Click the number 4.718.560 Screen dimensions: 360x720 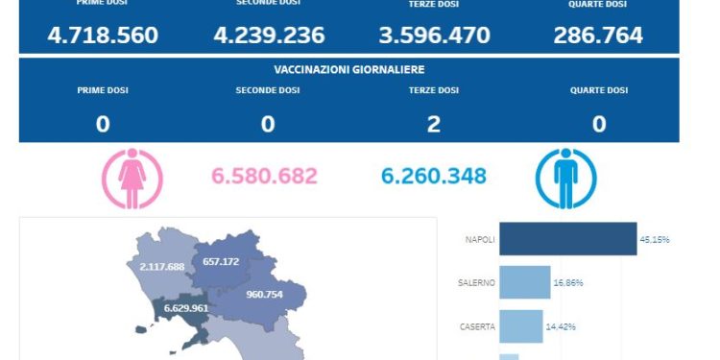pos(103,36)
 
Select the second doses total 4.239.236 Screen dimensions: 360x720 pos(269,36)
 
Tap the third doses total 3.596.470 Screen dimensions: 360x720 pos(434,36)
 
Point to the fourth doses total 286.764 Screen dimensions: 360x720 pos(598,36)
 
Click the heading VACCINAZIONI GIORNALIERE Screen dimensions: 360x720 pos(348,70)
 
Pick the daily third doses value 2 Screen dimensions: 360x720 pos(434,124)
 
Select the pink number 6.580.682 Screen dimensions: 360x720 pos(264,177)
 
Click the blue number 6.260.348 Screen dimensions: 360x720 pos(434,177)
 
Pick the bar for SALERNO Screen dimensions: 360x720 pos(525,282)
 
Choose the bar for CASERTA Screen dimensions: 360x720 pos(521,326)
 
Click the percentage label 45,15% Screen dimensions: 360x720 pos(655,240)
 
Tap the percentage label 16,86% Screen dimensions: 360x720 pos(568,283)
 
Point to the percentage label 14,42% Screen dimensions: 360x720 pos(561,327)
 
